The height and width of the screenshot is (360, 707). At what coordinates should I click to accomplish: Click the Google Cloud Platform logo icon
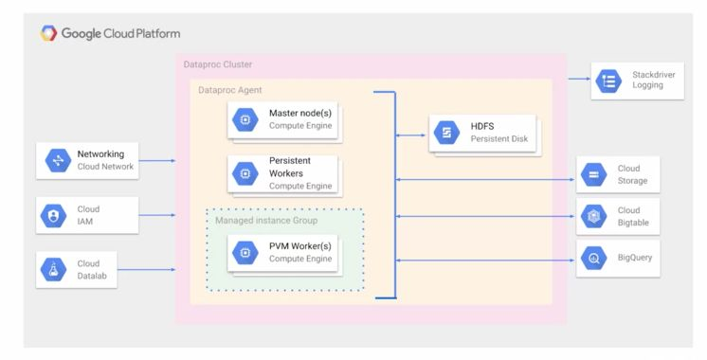click(48, 33)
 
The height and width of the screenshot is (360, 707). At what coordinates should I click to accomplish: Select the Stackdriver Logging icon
click(608, 81)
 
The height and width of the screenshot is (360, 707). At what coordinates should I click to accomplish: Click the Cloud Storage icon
click(593, 174)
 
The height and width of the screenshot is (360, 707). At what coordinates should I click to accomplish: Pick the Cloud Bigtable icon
click(593, 216)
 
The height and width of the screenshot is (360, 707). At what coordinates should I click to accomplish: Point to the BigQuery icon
click(593, 258)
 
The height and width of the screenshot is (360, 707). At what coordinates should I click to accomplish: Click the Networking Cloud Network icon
click(58, 160)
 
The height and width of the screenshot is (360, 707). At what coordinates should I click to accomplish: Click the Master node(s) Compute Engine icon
click(245, 119)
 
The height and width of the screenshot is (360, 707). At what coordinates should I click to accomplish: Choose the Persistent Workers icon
click(245, 173)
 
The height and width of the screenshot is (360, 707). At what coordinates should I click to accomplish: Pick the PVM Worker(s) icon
click(245, 254)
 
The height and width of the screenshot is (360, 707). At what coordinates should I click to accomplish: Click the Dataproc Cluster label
click(218, 64)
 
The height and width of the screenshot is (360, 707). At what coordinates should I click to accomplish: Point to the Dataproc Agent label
click(229, 89)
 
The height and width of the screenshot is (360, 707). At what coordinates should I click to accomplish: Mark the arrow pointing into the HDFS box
click(412, 135)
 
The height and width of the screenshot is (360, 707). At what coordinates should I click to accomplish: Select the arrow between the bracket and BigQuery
click(483, 258)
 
